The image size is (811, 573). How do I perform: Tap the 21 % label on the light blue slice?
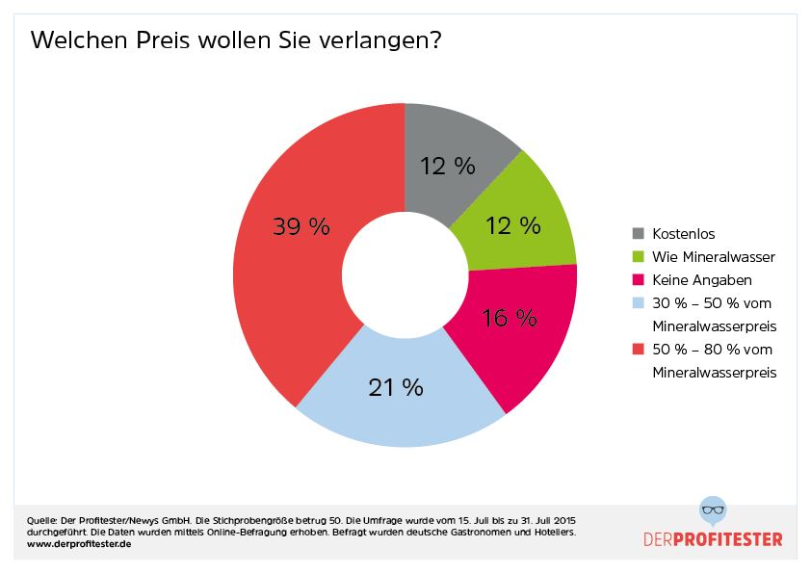coord(395,387)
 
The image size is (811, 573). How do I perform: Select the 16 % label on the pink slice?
coord(509,318)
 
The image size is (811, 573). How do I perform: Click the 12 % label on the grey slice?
coord(447,166)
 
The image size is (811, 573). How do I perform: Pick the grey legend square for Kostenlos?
coord(638,233)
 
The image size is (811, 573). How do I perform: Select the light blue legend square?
coord(638,302)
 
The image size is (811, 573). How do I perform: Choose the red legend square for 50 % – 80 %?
coord(638,349)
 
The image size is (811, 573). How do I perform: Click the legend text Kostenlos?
coord(684,233)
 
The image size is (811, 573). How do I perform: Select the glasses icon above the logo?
coord(713,509)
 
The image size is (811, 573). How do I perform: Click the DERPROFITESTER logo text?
coord(713,538)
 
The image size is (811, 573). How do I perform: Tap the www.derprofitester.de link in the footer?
coord(79,544)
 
